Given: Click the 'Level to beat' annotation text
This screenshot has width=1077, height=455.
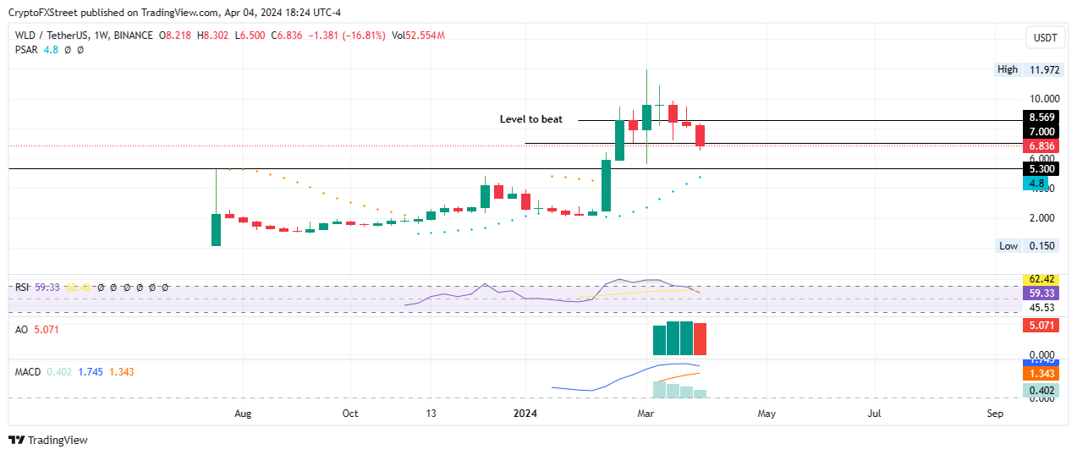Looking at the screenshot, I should [x=530, y=120].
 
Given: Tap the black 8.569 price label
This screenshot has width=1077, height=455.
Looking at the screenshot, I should [x=1041, y=118].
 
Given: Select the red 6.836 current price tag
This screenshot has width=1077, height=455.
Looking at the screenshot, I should [x=1041, y=146].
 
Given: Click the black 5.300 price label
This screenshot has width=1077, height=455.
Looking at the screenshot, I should [x=1041, y=169].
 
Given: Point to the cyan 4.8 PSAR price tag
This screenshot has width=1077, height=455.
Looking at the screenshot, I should [x=1034, y=184].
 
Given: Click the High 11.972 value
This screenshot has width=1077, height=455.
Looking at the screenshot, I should [x=1041, y=69].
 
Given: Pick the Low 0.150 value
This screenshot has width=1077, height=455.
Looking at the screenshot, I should [x=1041, y=246].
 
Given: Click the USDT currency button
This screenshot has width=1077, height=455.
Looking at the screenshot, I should [x=1046, y=37].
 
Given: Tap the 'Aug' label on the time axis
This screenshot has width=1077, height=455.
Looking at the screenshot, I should [x=243, y=414].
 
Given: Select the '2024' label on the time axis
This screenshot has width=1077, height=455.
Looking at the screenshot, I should [x=526, y=414].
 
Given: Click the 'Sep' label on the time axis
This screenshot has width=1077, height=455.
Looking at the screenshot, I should [x=995, y=414].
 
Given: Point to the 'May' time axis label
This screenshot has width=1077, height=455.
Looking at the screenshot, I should [x=766, y=414].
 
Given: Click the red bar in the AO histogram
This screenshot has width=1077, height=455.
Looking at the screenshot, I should [x=700, y=339].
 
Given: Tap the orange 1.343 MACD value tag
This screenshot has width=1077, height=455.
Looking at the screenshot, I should [x=1041, y=373].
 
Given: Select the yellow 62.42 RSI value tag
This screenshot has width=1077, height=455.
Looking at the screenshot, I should [x=1041, y=279].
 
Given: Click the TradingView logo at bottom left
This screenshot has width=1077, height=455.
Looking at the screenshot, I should [x=48, y=440].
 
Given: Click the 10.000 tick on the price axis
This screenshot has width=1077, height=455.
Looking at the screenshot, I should [x=1041, y=99].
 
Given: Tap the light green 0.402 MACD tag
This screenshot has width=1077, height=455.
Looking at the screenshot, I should [x=1041, y=390].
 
